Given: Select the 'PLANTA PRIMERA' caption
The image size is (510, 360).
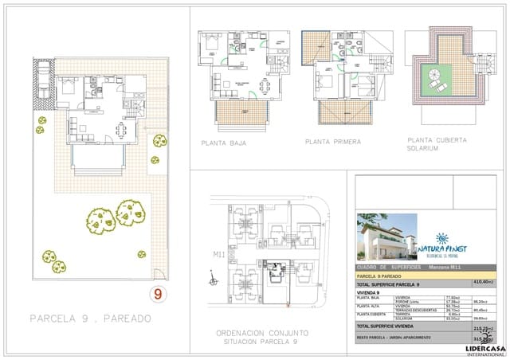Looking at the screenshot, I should [332, 143].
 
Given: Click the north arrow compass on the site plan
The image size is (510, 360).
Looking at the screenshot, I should [211, 280].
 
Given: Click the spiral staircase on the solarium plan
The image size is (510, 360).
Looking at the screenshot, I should [435, 77].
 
